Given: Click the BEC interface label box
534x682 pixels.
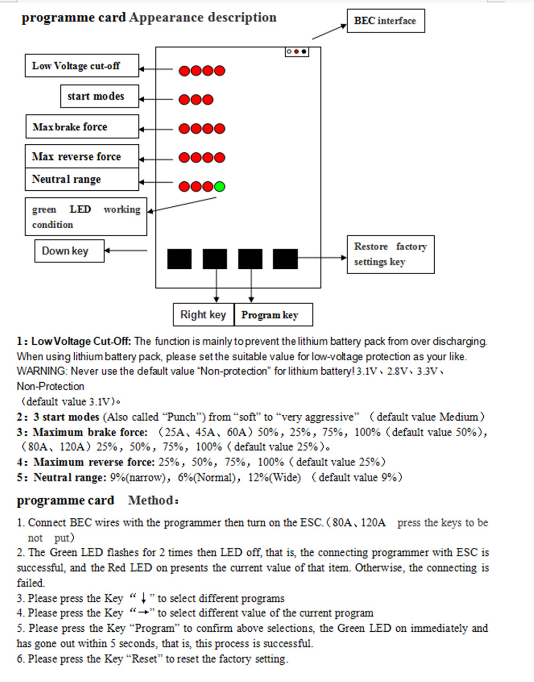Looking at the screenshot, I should click(x=386, y=21).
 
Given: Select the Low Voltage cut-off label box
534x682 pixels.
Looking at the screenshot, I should click(x=82, y=66).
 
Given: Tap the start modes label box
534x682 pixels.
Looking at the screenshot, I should click(x=99, y=96).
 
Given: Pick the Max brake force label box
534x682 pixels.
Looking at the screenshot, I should click(x=82, y=127).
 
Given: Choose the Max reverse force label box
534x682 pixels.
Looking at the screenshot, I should click(x=82, y=157).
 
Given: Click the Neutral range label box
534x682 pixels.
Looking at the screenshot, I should click(x=82, y=180).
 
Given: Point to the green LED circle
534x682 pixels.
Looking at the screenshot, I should click(x=219, y=187).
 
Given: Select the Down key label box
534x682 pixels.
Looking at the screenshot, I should click(x=69, y=251).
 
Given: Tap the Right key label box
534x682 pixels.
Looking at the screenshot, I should click(x=203, y=315).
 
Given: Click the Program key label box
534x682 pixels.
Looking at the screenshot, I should click(x=273, y=315).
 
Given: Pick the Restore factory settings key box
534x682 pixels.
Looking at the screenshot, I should click(x=390, y=254).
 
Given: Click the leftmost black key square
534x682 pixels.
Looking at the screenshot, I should click(x=179, y=259).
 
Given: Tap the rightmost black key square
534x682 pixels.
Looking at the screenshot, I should click(x=285, y=259).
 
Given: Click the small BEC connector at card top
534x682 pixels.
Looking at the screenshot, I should click(x=297, y=52).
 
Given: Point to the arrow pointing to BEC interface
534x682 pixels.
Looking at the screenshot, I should click(x=329, y=32).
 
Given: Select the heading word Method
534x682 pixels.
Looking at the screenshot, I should click(x=151, y=501).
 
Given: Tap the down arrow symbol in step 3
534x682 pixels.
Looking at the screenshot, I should click(x=144, y=599).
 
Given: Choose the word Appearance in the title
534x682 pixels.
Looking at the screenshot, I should click(x=166, y=18).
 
